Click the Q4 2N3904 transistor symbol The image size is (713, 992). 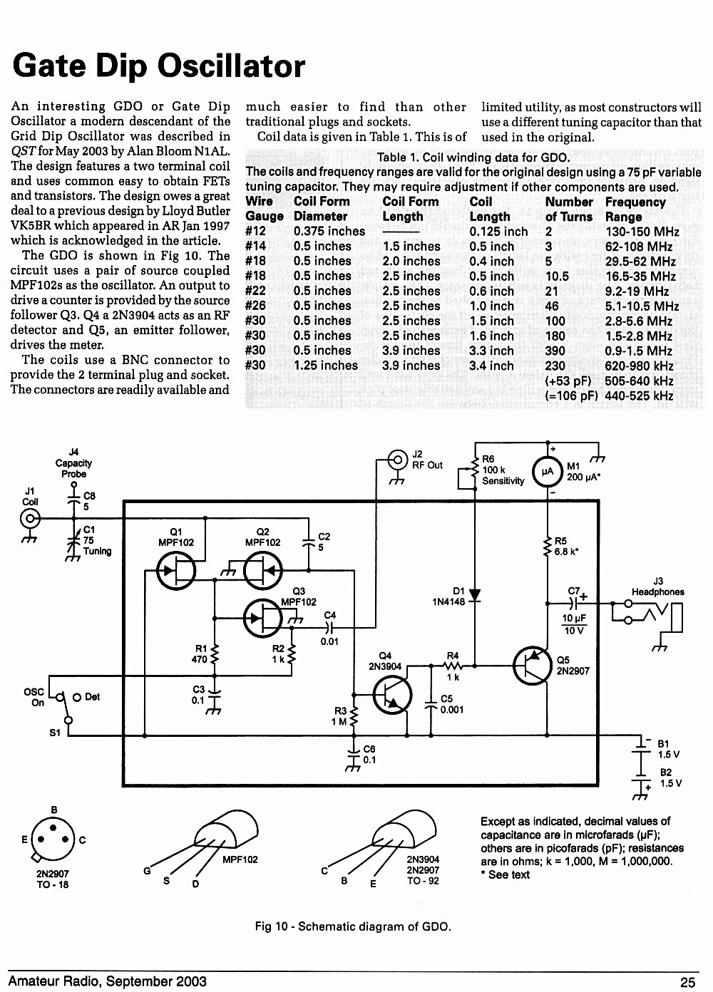392,695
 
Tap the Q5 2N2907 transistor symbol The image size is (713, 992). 532,666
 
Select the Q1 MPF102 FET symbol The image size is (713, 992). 176,570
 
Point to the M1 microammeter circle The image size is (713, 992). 548,471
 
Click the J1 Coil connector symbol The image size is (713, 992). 30,518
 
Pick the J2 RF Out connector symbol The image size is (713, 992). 397,460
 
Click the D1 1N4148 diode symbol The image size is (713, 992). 475,595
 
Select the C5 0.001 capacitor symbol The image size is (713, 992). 431,705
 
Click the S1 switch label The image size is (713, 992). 54,733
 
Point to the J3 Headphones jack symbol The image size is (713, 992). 652,617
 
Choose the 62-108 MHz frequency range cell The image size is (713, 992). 639,247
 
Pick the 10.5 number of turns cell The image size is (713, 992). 557,277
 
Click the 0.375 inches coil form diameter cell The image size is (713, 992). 329,231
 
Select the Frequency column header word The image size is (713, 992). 635,202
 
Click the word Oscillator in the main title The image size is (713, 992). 231,66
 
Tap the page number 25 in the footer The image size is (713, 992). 687,982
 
